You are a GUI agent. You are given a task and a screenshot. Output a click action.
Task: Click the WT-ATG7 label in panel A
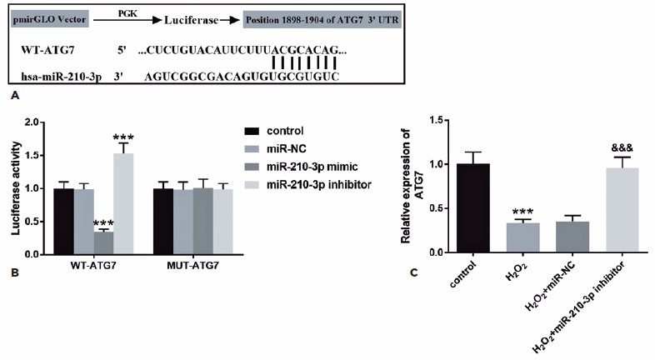tap(46, 51)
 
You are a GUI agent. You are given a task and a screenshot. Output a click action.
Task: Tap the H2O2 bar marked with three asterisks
tap(522, 237)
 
